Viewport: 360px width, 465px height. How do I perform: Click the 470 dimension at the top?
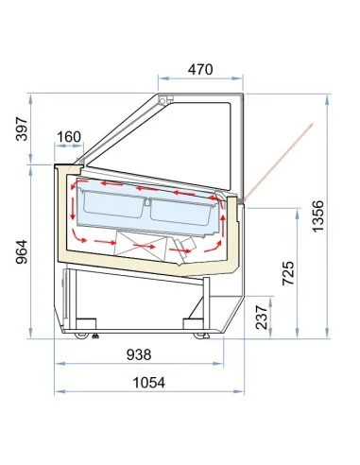click(x=197, y=68)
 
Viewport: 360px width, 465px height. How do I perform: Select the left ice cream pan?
click(x=113, y=205)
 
